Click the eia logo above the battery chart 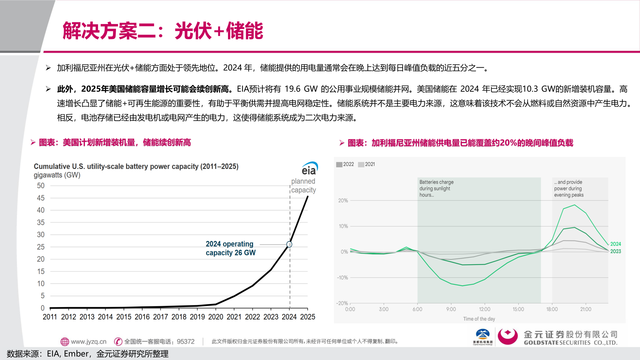click(309, 169)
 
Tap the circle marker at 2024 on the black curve click(289, 244)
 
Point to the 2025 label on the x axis click(307, 317)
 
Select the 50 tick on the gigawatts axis click(41, 186)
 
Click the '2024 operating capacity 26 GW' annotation click(230, 248)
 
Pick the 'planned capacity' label click(303, 186)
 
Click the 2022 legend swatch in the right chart click(339, 164)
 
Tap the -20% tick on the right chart click(342, 303)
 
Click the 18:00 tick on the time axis click(552, 309)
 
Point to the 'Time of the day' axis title click(479, 319)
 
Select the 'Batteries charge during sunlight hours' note click(436, 189)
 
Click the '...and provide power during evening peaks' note click(569, 189)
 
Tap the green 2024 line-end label click(615, 244)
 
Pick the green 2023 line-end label click(615, 251)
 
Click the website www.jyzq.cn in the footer click(88, 342)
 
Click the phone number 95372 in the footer click(186, 342)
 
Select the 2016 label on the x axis click(142, 317)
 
